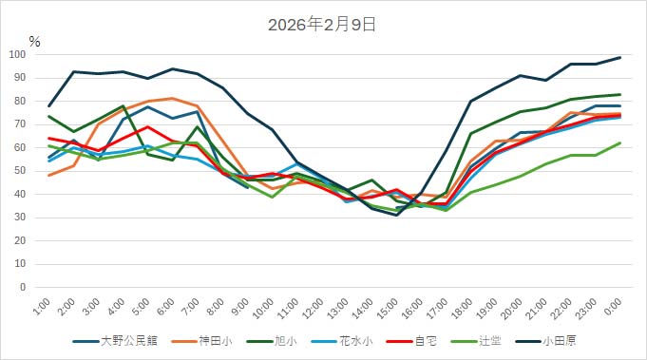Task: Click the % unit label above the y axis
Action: pos(34,42)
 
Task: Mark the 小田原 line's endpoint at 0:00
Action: pos(620,58)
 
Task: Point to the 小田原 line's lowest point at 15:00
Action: pos(397,215)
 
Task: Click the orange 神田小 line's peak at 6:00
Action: pos(172,98)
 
